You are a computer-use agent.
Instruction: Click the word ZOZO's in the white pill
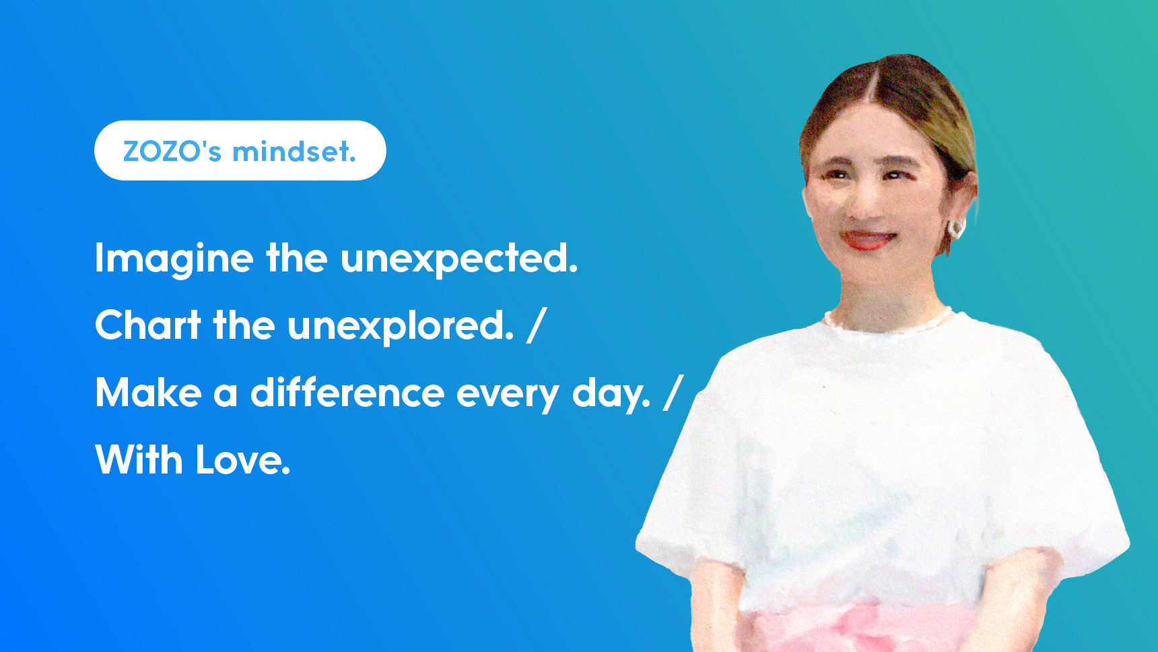pyautogui.click(x=172, y=151)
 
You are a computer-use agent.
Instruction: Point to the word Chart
pyautogui.click(x=148, y=325)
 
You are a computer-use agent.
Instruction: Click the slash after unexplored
pyautogui.click(x=537, y=325)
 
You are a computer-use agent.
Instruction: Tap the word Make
pyautogui.click(x=148, y=393)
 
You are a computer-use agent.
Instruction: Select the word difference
pyautogui.click(x=347, y=392)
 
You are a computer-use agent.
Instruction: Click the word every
pyautogui.click(x=508, y=395)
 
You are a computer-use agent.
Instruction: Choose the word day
pyautogui.click(x=611, y=394)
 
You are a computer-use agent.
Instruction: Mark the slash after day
pyautogui.click(x=673, y=393)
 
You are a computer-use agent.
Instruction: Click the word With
pyautogui.click(x=139, y=459)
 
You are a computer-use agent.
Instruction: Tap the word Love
pyautogui.click(x=243, y=460)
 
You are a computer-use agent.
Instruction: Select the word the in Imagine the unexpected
pyautogui.click(x=297, y=258)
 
